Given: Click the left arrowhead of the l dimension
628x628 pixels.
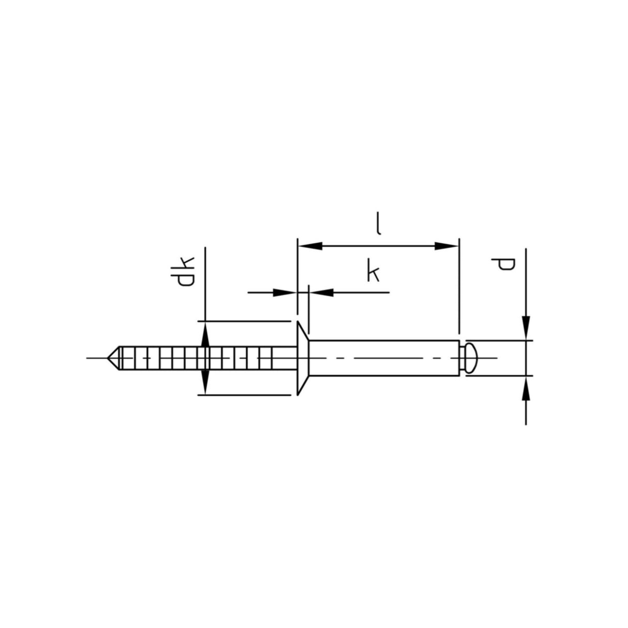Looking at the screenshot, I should tap(309, 246).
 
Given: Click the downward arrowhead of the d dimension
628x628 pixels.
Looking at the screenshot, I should tap(526, 328).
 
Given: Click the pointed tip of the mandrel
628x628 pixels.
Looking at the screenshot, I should tap(110, 357).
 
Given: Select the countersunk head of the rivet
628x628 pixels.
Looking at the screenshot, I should tap(303, 358).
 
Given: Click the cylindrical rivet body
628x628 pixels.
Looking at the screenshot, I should tap(383, 357).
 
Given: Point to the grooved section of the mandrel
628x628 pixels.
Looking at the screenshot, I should tap(197, 357).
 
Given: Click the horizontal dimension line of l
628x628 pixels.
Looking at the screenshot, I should tap(378, 246).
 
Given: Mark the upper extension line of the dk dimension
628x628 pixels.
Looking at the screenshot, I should tap(243, 321).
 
